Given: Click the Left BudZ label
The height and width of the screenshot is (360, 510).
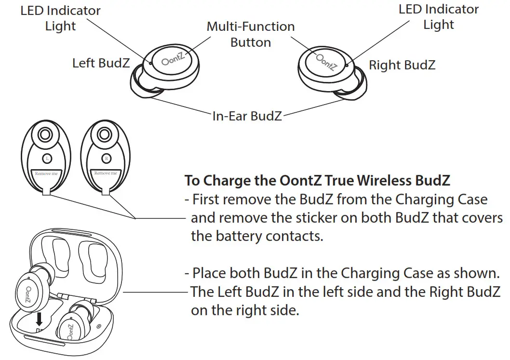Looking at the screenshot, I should pos(101,63).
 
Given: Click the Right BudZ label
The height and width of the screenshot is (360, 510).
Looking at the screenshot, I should pos(402,65).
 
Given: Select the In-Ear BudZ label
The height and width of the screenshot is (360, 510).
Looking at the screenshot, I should pos(247,116).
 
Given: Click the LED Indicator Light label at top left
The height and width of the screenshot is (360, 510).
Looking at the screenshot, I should pos(60,17).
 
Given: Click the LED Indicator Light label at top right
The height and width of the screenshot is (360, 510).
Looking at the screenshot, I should pos(438,16).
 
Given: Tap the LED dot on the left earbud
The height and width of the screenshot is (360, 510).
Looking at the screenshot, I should pos(151,63).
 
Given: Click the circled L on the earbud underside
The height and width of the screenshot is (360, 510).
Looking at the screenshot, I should pos(47,158).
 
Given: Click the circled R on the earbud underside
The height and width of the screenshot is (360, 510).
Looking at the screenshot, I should pos(106,158).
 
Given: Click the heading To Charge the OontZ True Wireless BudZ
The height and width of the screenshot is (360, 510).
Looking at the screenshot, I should pos(317,181).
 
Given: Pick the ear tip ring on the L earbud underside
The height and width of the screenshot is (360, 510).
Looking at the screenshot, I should pos(45,134).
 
